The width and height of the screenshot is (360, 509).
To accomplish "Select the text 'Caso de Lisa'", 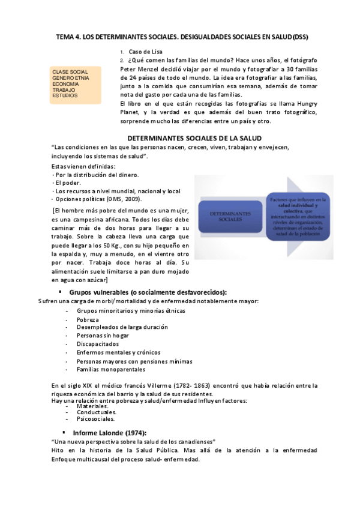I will click(x=146, y=52).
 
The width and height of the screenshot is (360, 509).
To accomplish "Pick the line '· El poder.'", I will click(x=67, y=183).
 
